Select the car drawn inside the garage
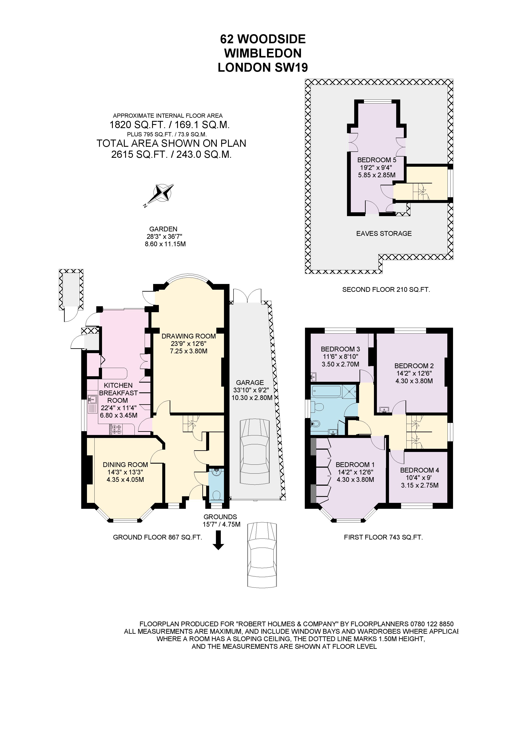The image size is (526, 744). coord(255,452)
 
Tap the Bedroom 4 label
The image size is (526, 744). coord(419,470)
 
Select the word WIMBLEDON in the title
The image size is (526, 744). coord(263,53)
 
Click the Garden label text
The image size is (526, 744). coord(163,229)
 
